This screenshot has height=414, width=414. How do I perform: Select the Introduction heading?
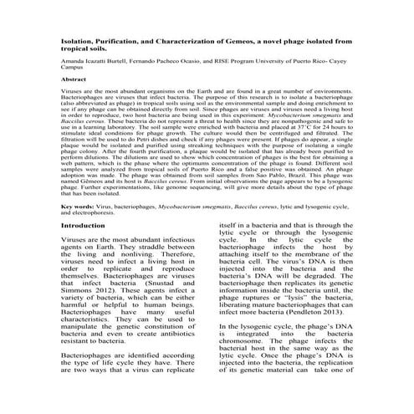(x=89, y=226)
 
